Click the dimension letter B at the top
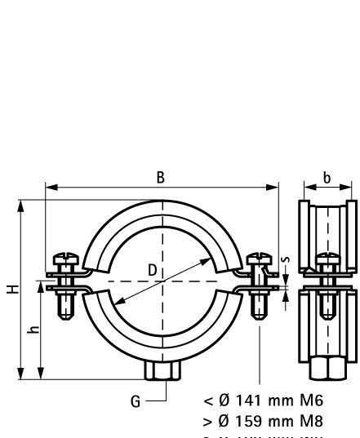point(161,178)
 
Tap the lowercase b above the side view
point(327,178)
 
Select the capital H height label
point(8,289)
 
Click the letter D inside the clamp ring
point(153,269)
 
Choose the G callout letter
point(136,400)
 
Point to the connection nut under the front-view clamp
point(161,372)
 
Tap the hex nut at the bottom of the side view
point(327,369)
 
